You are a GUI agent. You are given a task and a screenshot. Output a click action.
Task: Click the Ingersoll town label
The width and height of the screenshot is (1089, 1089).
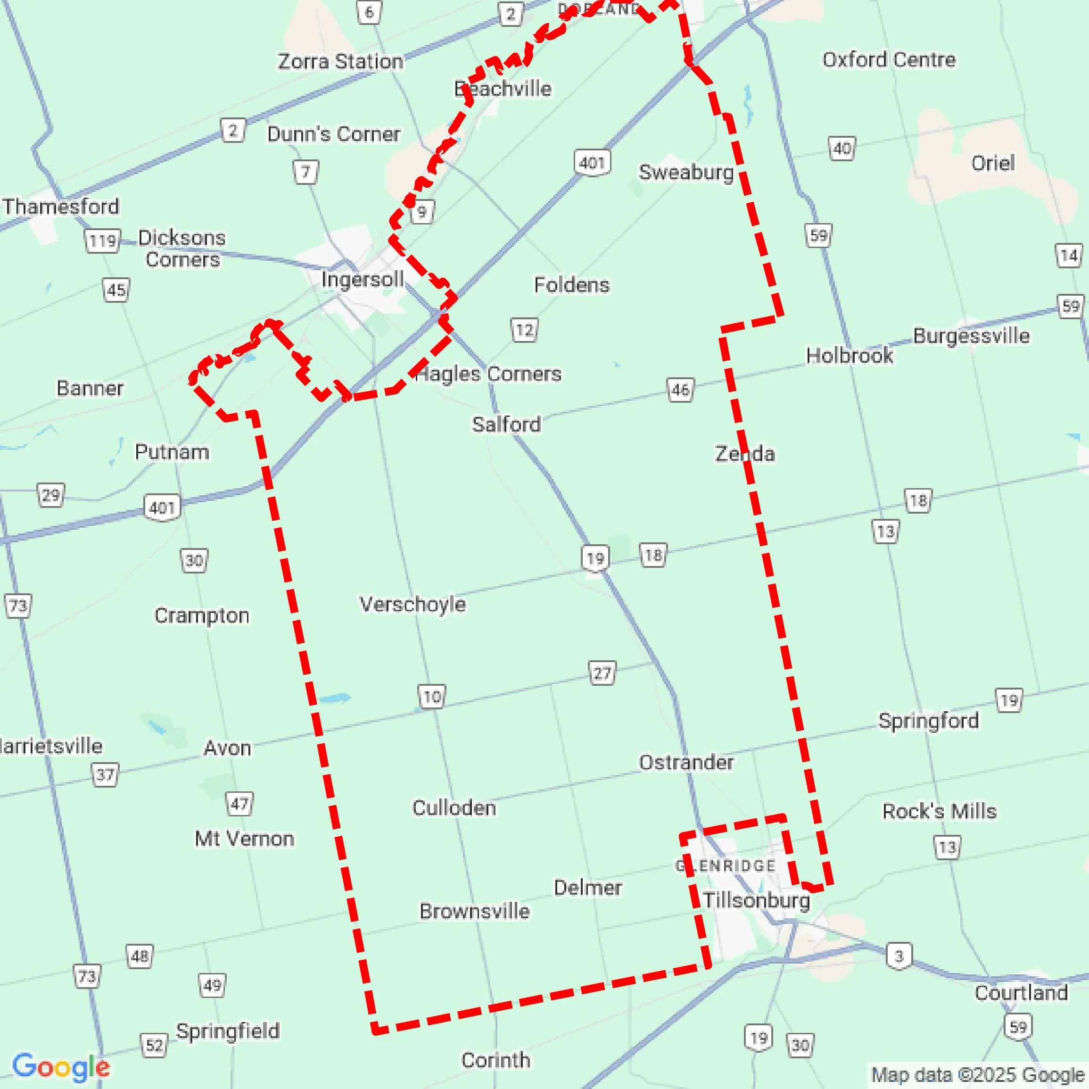[362, 279]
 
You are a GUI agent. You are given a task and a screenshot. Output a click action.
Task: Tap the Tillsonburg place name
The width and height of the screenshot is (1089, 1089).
[756, 900]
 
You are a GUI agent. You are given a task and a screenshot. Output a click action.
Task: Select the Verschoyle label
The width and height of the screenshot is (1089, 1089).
[412, 605]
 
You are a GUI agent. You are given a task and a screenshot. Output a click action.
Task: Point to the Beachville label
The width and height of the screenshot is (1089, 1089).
[503, 89]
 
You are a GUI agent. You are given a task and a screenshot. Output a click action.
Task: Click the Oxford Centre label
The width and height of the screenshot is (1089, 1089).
[889, 60]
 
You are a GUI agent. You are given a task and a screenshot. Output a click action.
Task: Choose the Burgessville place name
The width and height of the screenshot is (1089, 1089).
[971, 335]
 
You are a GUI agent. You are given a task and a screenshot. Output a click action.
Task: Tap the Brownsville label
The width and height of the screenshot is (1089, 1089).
[475, 911]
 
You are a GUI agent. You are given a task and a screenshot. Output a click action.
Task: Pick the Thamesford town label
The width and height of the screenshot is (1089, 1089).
[61, 207]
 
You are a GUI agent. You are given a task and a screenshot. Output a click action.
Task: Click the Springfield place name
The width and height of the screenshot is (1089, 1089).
[228, 1031]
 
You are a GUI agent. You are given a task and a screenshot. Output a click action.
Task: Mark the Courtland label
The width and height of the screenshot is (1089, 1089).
[1022, 993]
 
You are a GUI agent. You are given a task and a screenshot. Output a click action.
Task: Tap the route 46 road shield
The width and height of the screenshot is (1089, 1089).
[680, 390]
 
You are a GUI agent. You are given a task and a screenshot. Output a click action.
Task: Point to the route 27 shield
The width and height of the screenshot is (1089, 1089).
[602, 673]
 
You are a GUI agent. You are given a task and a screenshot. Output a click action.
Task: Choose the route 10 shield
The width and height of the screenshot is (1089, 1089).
[432, 697]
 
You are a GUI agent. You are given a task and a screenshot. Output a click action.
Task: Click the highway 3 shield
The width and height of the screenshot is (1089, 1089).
[899, 956]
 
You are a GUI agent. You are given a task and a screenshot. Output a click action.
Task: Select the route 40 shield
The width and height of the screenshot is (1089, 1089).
[842, 149]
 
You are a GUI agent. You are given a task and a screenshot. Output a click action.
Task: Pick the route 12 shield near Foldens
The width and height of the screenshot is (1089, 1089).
[524, 330]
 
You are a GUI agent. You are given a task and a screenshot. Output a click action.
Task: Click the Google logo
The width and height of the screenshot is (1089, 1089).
[61, 1067]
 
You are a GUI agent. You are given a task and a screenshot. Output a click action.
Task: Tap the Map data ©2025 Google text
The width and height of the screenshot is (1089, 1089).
[977, 1075]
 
